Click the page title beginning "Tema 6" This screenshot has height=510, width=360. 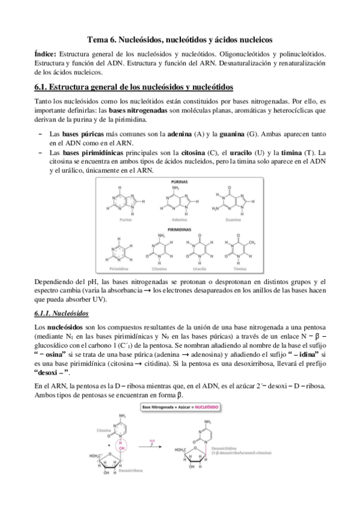click(x=180, y=39)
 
